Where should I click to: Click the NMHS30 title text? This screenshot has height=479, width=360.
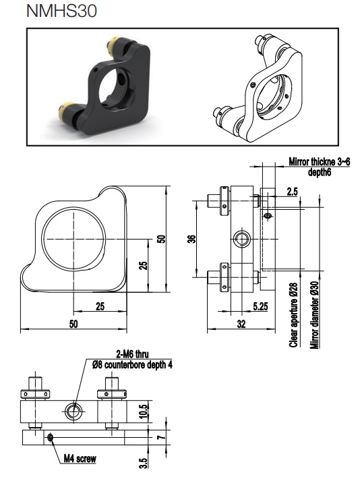[61, 11]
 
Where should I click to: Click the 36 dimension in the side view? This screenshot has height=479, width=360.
[191, 239]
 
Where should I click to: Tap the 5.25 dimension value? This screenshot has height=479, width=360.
[260, 306]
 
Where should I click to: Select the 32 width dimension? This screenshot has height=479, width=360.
[241, 324]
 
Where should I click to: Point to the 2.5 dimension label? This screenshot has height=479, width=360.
[292, 192]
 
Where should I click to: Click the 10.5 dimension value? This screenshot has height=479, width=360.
[144, 411]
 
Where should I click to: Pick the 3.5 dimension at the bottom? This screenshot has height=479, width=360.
[144, 463]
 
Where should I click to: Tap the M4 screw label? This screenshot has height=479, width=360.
[80, 458]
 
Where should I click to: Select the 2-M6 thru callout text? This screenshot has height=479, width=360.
[133, 354]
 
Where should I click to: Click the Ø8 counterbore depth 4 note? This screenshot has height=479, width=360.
[132, 365]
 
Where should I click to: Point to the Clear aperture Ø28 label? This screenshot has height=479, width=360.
[293, 315]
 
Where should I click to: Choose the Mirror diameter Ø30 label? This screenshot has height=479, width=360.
[315, 314]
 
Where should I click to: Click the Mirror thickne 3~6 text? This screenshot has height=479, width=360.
[320, 162]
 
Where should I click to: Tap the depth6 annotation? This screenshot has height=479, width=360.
[320, 172]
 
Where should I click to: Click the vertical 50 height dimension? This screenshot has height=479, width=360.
[162, 239]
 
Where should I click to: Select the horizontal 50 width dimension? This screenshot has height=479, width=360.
[73, 324]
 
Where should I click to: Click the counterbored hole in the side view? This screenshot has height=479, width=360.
[241, 239]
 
